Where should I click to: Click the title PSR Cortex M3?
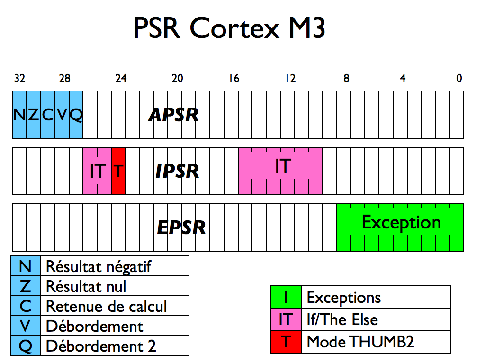coord(229,28)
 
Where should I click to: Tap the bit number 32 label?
coord(19,79)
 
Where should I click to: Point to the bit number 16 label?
coord(234,79)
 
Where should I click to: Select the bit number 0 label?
coord(458,79)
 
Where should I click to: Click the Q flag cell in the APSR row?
coord(76,115)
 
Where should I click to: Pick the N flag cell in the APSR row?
coord(19,115)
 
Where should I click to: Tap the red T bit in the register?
coord(118,171)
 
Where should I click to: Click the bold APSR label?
coord(173,115)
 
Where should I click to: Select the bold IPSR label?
coord(177,171)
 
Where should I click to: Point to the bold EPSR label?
coord(181,227)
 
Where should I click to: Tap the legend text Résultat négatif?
coord(98,266)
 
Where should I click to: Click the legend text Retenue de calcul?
coord(106,306)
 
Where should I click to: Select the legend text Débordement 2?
coord(100,346)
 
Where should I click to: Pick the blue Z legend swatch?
coord(26,286)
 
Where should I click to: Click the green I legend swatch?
coord(286,297)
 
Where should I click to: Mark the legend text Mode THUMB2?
coord(360,341)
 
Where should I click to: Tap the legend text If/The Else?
coord(342,319)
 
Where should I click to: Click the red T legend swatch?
coord(286,341)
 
